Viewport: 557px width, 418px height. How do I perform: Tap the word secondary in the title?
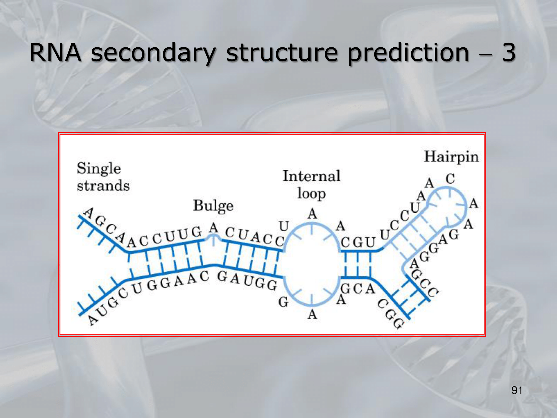[x=153, y=54]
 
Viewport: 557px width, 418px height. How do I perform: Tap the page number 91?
[x=517, y=390]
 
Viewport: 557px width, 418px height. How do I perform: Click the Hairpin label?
[x=451, y=157]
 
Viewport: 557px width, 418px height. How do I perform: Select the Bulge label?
[x=213, y=206]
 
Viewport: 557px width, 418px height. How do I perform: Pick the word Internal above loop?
[x=311, y=176]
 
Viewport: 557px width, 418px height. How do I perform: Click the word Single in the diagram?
[x=99, y=169]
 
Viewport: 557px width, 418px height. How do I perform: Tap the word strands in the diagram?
[x=103, y=186]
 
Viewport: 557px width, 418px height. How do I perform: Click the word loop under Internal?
[x=311, y=193]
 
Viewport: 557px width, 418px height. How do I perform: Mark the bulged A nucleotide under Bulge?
[x=213, y=228]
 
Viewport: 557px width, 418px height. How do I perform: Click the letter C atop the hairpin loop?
[x=450, y=179]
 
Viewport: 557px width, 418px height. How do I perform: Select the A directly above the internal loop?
[x=312, y=214]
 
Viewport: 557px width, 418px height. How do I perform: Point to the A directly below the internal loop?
[x=312, y=315]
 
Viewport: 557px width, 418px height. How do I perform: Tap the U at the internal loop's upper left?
[x=284, y=226]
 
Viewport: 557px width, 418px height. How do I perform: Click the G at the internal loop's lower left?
[x=283, y=302]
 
